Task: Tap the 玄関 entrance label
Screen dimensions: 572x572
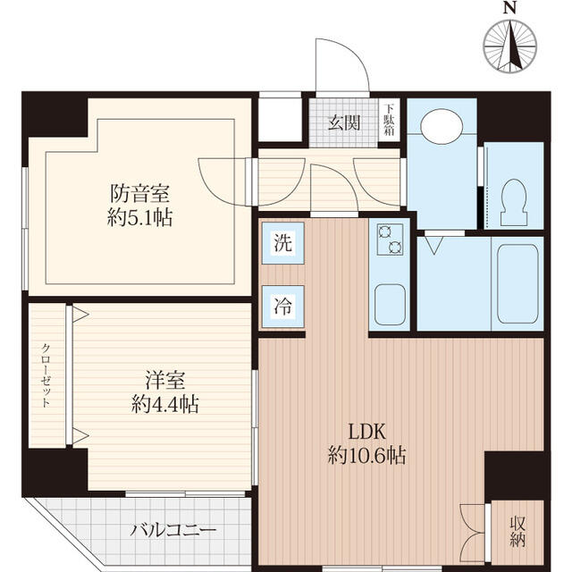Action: [344, 122]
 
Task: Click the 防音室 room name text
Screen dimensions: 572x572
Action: [140, 193]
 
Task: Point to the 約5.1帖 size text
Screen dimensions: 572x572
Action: [140, 217]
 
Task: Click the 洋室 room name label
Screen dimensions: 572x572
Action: [165, 381]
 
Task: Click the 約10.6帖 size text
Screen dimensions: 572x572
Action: [366, 456]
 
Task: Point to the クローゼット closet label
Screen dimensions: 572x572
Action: [46, 375]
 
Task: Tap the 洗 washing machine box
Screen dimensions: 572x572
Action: [282, 241]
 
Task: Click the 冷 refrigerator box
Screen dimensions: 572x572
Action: [282, 304]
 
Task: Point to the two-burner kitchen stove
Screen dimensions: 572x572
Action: [391, 237]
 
